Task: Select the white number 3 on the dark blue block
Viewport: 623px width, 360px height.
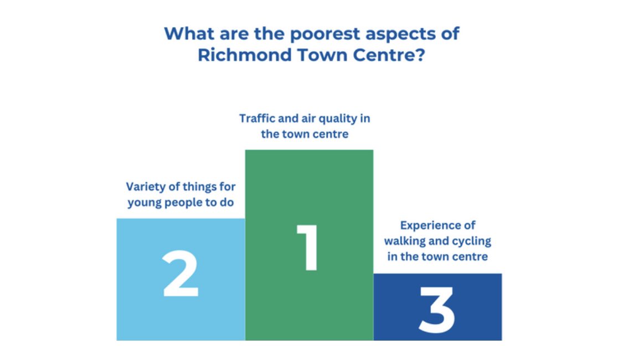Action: coord(437,311)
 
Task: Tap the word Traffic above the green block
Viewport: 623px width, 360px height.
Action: coord(256,119)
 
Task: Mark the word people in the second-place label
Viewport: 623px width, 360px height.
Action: coord(183,202)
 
